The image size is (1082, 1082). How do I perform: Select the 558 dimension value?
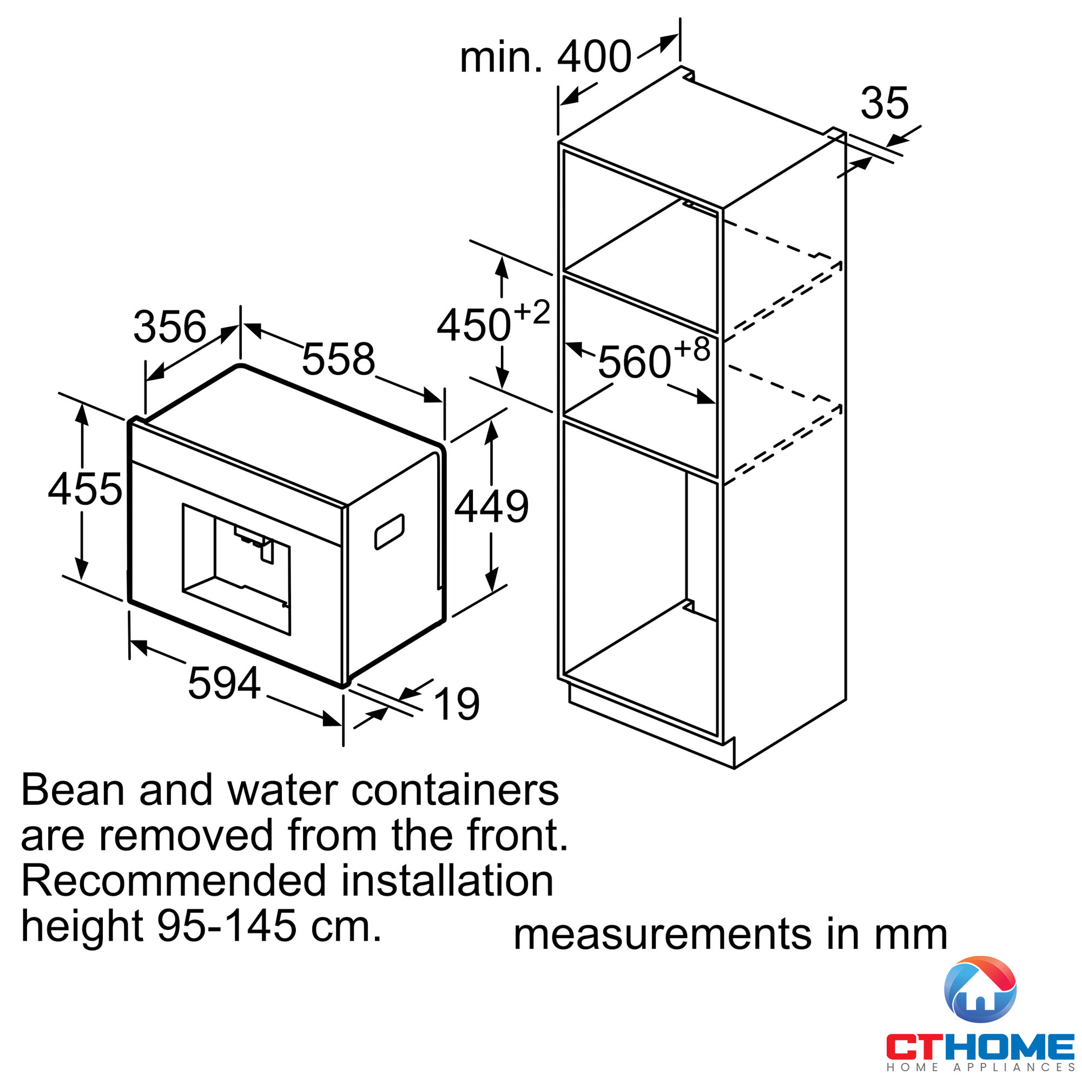338,359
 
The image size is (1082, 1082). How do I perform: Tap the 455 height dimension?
85,489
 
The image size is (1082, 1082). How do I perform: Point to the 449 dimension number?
491,506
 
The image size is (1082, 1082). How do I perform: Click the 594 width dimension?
224,683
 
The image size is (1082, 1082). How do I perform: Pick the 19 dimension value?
457,704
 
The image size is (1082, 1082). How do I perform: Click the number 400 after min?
594,57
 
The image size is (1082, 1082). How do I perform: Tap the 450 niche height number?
474,325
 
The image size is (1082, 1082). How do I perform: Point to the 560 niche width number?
635,363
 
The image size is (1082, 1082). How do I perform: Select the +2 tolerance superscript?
532,312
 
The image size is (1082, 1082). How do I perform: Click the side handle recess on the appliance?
389,531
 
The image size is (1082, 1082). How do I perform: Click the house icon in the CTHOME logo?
980,990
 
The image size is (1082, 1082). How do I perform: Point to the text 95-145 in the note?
226,926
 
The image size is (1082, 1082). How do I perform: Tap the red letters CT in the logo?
911,1046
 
